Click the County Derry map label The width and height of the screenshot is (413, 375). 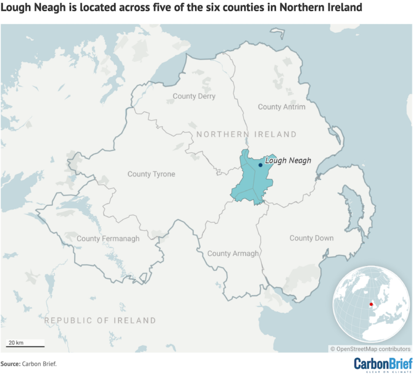(194, 96)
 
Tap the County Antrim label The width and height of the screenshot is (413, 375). (281, 107)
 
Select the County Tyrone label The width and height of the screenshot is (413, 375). (151, 174)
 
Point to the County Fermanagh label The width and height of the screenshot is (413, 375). (108, 238)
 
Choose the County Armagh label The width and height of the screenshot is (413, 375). (233, 254)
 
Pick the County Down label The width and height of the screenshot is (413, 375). (311, 238)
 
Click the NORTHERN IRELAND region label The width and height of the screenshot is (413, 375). (246, 134)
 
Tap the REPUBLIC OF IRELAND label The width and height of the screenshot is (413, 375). (100, 320)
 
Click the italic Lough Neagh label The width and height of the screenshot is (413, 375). (288, 160)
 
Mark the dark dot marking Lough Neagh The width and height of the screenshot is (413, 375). (260, 165)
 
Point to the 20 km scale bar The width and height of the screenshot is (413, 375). (18, 344)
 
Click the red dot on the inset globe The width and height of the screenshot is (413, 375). (371, 305)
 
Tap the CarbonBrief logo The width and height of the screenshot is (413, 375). (380, 363)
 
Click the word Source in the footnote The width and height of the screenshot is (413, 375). (10, 364)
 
